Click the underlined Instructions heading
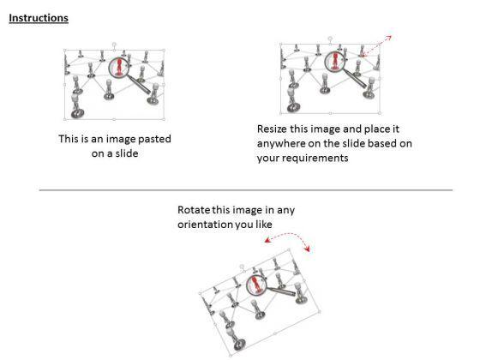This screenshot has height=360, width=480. point(39,18)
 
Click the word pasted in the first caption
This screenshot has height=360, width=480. point(154,139)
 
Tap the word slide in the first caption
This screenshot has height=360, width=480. point(127,153)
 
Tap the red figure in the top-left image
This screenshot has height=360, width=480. point(119,67)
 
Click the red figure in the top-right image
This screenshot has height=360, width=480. point(335,61)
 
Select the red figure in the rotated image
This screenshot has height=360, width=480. point(256,285)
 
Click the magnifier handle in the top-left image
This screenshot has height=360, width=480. point(139,85)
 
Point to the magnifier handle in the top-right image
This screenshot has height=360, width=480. point(355,79)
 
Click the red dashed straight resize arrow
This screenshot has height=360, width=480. point(376,46)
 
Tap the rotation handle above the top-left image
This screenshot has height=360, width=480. point(114,45)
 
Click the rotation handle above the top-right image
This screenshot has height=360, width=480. point(330,39)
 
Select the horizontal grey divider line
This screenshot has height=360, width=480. point(246,190)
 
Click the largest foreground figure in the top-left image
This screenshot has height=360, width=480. point(77,106)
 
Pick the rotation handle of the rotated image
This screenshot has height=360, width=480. point(242,267)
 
